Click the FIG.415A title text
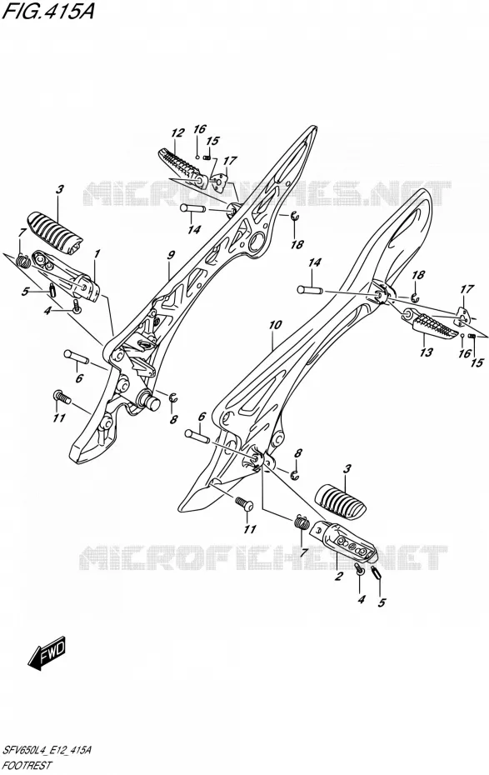click(47, 11)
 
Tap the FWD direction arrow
click(47, 652)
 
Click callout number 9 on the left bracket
click(171, 255)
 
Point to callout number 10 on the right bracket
click(276, 325)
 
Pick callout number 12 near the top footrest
click(177, 132)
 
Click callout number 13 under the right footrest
click(426, 352)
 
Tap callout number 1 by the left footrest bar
click(97, 253)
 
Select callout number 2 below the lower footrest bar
click(338, 576)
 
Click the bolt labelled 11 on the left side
click(62, 396)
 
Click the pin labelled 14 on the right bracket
click(310, 290)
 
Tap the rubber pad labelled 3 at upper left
click(54, 232)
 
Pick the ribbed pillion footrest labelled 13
click(431, 325)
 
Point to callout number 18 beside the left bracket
click(297, 244)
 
